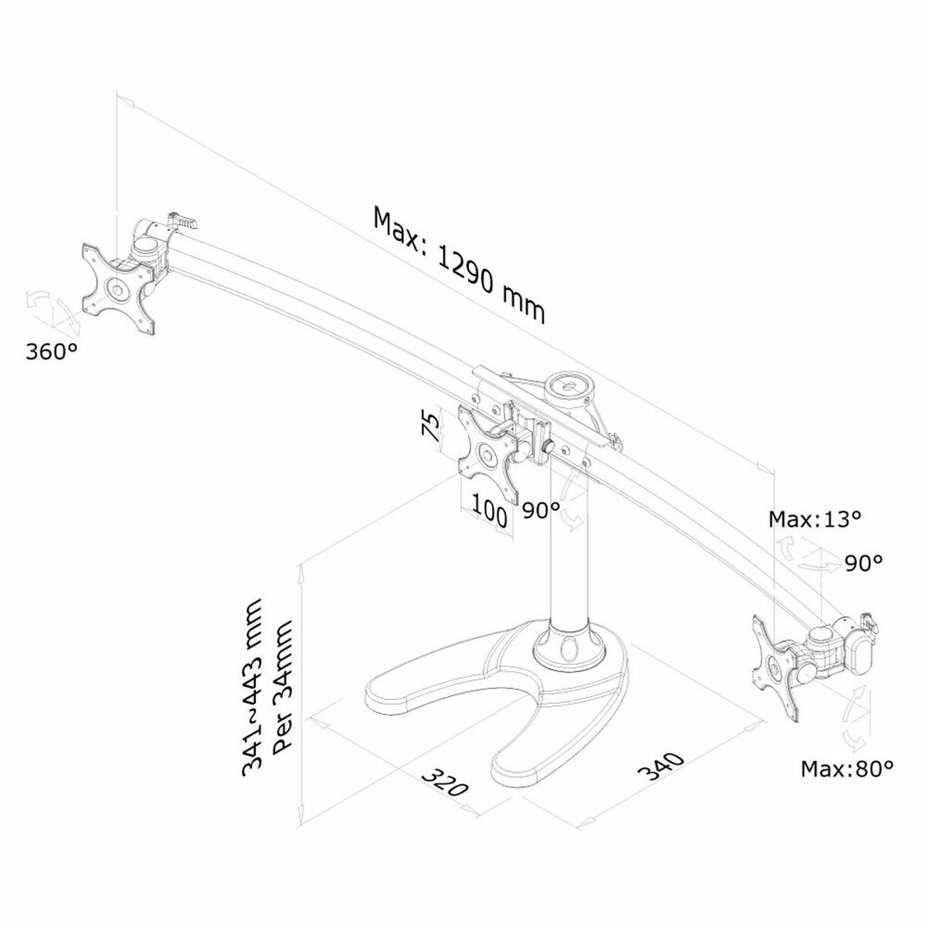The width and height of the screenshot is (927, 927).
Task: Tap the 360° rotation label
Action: click(52, 352)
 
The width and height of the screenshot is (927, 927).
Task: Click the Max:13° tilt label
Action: click(814, 518)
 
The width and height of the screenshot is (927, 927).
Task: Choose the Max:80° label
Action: click(847, 769)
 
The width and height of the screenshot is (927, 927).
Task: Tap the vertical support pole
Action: click(568, 556)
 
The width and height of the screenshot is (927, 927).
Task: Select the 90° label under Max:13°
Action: click(862, 562)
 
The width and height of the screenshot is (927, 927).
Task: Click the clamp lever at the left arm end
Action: click(183, 222)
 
